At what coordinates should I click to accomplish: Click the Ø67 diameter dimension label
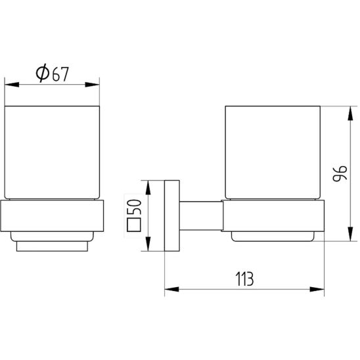click(x=53, y=73)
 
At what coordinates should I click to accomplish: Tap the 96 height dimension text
click(x=340, y=173)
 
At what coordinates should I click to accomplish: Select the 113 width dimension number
click(x=244, y=279)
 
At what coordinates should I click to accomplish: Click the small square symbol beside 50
click(x=134, y=225)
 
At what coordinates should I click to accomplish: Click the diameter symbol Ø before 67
click(x=43, y=73)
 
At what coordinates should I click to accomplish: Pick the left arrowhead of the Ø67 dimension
click(x=12, y=85)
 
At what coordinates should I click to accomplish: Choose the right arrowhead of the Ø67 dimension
click(x=92, y=85)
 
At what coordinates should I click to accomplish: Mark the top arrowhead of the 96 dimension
click(x=350, y=114)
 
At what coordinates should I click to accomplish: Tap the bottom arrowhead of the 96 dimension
click(x=350, y=234)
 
